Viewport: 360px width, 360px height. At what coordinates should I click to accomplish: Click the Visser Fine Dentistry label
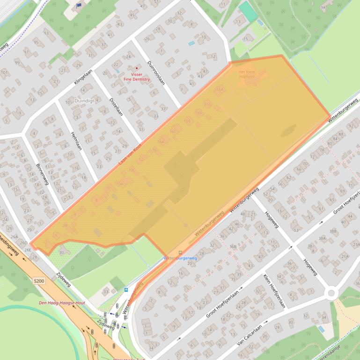tap(137, 77)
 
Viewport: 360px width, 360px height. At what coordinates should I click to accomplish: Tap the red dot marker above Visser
tap(137, 68)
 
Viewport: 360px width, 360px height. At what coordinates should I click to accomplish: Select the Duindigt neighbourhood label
tap(84, 101)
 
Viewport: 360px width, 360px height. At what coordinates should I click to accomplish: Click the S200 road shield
tap(40, 281)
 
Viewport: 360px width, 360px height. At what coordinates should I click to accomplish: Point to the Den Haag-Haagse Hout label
tap(62, 303)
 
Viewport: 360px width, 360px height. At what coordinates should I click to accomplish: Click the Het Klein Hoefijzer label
tap(247, 74)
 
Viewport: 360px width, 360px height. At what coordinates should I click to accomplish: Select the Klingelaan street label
tap(84, 77)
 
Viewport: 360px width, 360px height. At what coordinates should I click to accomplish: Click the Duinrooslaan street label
tap(156, 72)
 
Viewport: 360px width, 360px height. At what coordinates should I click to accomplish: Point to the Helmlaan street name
tap(76, 140)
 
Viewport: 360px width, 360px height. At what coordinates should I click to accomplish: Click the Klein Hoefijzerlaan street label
tap(274, 291)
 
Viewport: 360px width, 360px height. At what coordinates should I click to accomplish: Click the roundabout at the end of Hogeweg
tap(331, 293)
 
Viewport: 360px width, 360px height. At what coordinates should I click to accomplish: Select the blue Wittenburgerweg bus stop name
tap(180, 258)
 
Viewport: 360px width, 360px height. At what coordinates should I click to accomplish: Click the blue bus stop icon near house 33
tap(126, 289)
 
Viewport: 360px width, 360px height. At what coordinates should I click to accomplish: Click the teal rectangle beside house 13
tap(248, 12)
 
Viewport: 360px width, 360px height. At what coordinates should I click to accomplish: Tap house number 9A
tap(323, 7)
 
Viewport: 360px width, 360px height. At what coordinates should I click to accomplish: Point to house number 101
tap(5, 72)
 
